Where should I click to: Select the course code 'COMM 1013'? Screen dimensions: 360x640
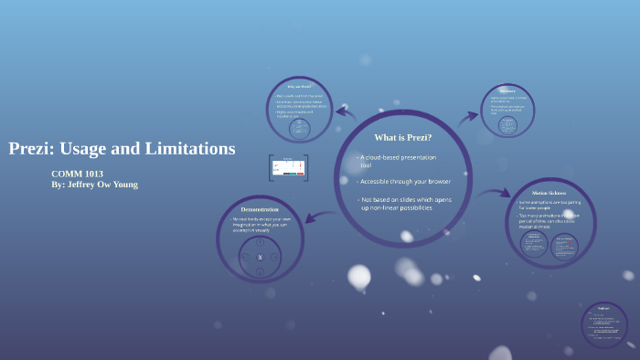77,174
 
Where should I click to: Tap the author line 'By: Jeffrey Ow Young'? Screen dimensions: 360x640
94,184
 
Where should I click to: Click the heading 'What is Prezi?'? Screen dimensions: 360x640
402,137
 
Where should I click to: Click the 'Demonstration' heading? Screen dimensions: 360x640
259,209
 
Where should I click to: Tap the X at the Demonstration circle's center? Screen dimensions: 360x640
260,258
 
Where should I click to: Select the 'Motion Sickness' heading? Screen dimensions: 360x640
549,192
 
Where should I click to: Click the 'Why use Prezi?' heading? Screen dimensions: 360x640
299,86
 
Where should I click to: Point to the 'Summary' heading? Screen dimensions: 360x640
507,90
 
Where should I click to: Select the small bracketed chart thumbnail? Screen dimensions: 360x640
288,168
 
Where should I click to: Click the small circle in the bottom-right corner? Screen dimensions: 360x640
603,324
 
